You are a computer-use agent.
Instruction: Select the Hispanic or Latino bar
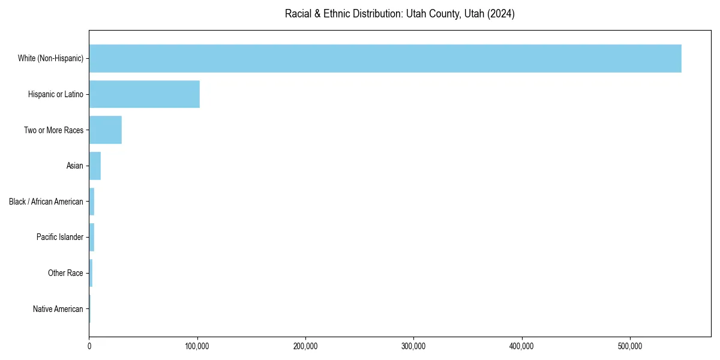[x=144, y=94]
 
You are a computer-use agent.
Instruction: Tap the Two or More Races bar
[x=105, y=130]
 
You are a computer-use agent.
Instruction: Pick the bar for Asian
[x=95, y=166]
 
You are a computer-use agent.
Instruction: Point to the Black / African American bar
[x=92, y=202]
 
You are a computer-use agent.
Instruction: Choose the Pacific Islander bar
[x=92, y=237]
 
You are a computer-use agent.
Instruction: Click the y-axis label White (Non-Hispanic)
[x=50, y=58]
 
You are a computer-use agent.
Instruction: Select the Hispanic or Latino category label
[x=56, y=94]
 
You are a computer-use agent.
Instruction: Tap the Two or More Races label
[x=53, y=130]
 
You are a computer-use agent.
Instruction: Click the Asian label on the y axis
[x=74, y=166]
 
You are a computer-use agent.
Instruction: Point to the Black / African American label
[x=46, y=202]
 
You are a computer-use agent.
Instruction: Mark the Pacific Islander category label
[x=60, y=237]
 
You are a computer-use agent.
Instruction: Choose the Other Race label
[x=65, y=273]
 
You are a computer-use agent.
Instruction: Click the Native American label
[x=58, y=309]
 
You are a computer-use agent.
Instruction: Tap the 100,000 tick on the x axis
[x=197, y=346]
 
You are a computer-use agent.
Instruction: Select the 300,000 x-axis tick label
[x=413, y=346]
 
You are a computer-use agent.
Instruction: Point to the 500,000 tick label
[x=630, y=346]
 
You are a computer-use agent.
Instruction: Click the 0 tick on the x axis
[x=89, y=346]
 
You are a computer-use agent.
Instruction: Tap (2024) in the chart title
[x=501, y=14]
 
